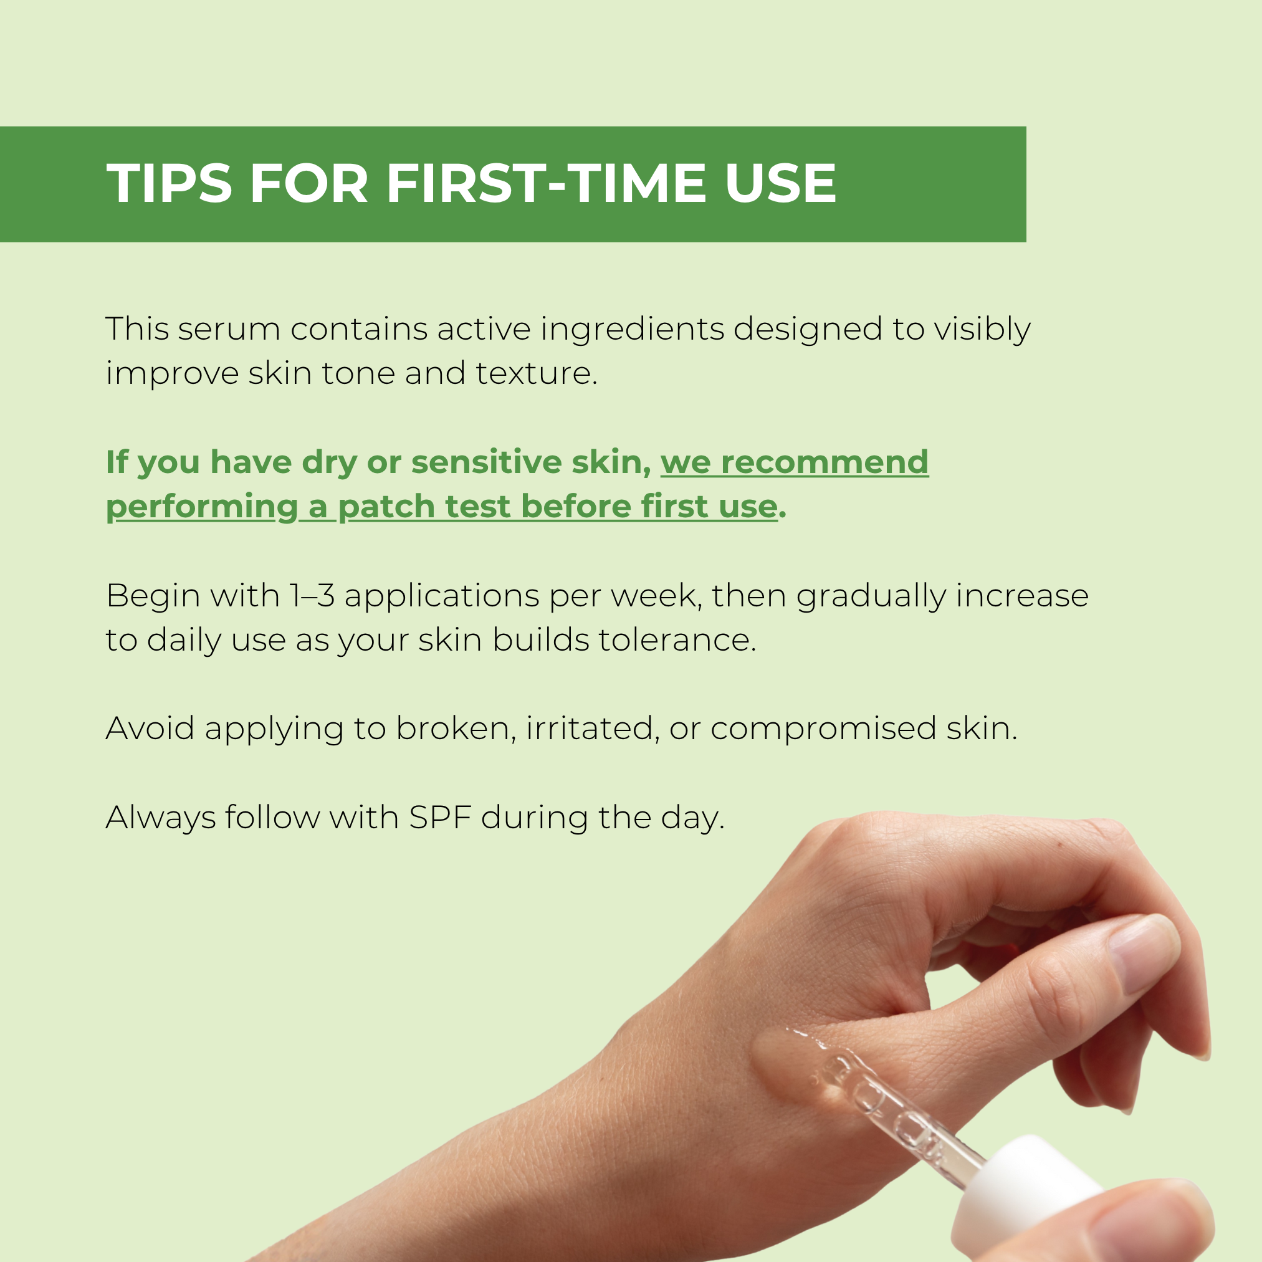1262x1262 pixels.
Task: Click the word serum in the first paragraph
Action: [229, 329]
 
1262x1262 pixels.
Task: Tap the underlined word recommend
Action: [825, 462]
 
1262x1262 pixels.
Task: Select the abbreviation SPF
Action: [440, 817]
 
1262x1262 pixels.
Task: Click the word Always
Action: [161, 818]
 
